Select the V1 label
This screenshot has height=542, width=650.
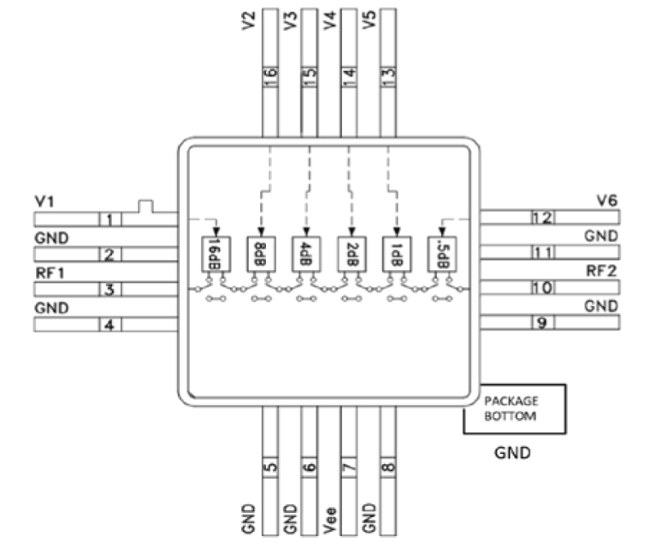[x=46, y=202]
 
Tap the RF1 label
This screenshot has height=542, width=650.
[x=49, y=272]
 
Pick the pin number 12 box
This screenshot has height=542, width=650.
[x=542, y=218]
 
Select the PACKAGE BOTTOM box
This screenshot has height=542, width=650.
[x=514, y=408]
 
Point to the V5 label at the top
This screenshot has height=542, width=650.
[x=369, y=19]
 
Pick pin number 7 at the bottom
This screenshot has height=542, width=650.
[x=349, y=468]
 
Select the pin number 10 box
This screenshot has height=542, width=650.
[x=542, y=288]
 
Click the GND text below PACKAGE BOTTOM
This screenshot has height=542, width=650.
[x=513, y=453]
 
